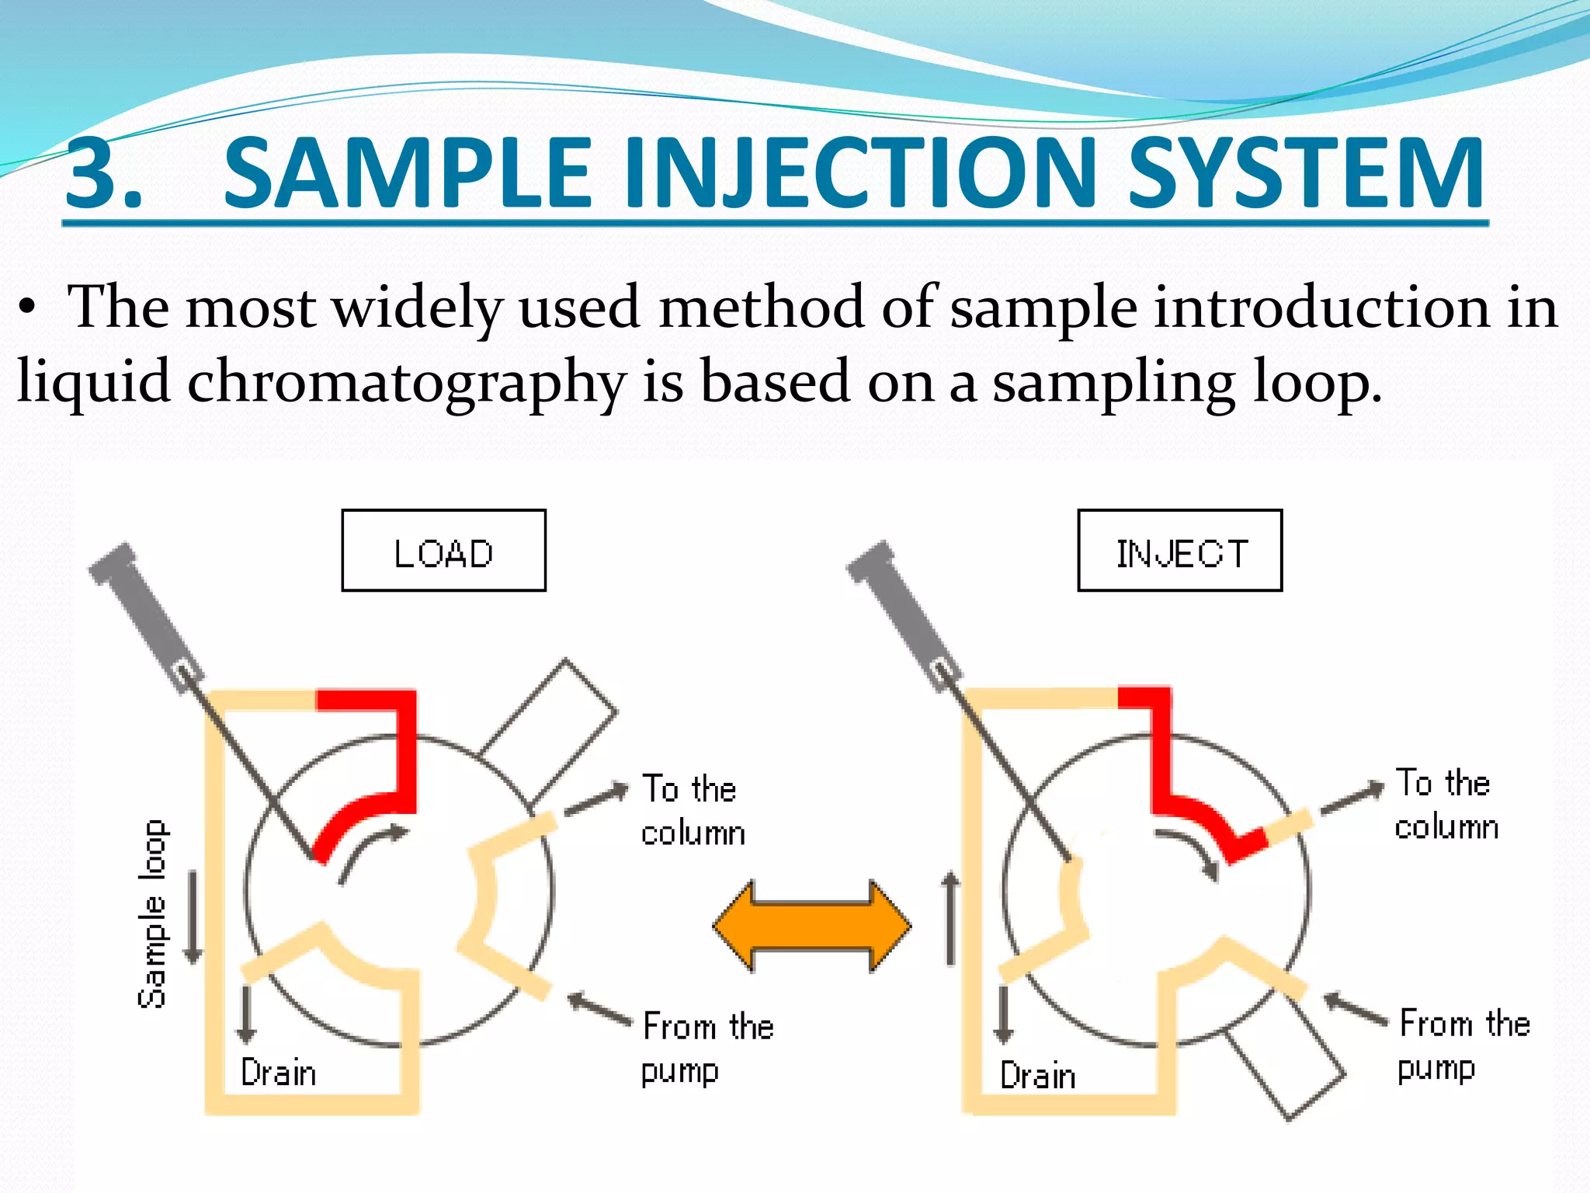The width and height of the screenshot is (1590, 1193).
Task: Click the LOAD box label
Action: [x=443, y=552]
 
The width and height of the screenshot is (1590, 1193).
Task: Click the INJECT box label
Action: [x=1180, y=552]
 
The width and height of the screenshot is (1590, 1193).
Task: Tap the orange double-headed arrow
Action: [x=812, y=926]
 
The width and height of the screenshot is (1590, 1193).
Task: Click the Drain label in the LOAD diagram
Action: [x=279, y=1073]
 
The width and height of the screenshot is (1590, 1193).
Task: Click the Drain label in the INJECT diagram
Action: [x=1038, y=1076]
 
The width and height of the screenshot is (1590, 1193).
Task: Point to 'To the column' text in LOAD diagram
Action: [x=693, y=810]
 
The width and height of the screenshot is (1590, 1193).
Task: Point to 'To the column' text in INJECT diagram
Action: [x=1446, y=805]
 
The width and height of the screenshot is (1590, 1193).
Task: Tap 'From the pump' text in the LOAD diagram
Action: [x=706, y=1048]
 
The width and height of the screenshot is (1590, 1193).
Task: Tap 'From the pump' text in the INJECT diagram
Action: [x=1463, y=1045]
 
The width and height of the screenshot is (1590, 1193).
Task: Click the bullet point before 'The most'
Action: [x=28, y=308]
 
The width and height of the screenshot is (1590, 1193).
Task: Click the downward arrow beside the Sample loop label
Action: [x=193, y=917]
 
